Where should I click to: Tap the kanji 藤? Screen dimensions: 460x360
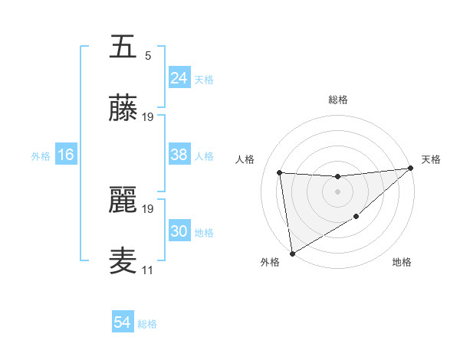click(x=123, y=110)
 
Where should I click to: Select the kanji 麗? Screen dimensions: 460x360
click(x=123, y=200)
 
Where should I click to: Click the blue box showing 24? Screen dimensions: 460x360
click(x=179, y=78)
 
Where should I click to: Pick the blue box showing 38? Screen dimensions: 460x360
click(x=179, y=155)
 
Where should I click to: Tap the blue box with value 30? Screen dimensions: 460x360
click(x=179, y=231)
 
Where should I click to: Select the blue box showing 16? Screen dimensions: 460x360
click(x=66, y=155)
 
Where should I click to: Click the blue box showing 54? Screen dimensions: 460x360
click(x=123, y=322)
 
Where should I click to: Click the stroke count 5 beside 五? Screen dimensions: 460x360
click(x=148, y=56)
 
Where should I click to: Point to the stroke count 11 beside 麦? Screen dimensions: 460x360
click(x=147, y=270)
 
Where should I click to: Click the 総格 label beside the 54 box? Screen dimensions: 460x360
click(x=148, y=324)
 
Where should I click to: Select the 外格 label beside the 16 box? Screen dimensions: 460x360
click(x=41, y=156)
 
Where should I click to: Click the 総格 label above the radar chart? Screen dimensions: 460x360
click(x=337, y=100)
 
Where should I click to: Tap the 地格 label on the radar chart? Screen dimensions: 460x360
click(x=402, y=263)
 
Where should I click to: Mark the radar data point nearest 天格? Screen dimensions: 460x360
click(x=410, y=169)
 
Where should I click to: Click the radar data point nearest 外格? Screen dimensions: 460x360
click(x=292, y=253)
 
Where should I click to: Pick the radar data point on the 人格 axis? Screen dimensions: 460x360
click(x=280, y=172)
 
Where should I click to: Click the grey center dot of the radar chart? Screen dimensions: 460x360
click(x=337, y=191)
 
